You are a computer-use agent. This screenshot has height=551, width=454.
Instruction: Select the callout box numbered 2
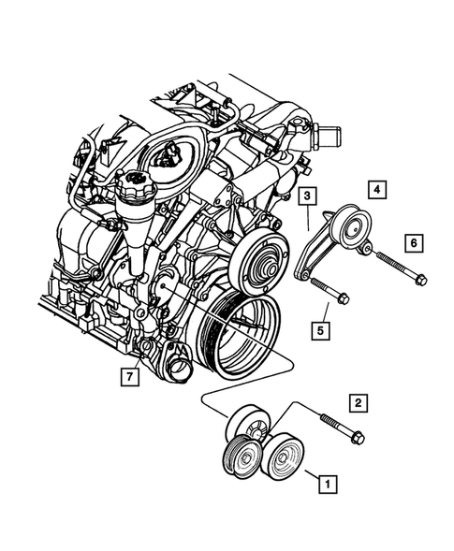point(357,403)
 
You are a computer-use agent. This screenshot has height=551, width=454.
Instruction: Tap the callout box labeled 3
point(307,196)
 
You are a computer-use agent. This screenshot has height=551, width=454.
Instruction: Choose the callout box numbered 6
point(411,243)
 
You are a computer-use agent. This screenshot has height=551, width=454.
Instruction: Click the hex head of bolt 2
point(359,438)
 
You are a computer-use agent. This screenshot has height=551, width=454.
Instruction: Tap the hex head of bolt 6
point(420,278)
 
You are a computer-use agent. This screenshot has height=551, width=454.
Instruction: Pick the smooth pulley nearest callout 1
point(280,458)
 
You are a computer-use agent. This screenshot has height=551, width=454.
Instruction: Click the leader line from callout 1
point(309,475)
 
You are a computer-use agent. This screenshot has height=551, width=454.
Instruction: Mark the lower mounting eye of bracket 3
point(301,272)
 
